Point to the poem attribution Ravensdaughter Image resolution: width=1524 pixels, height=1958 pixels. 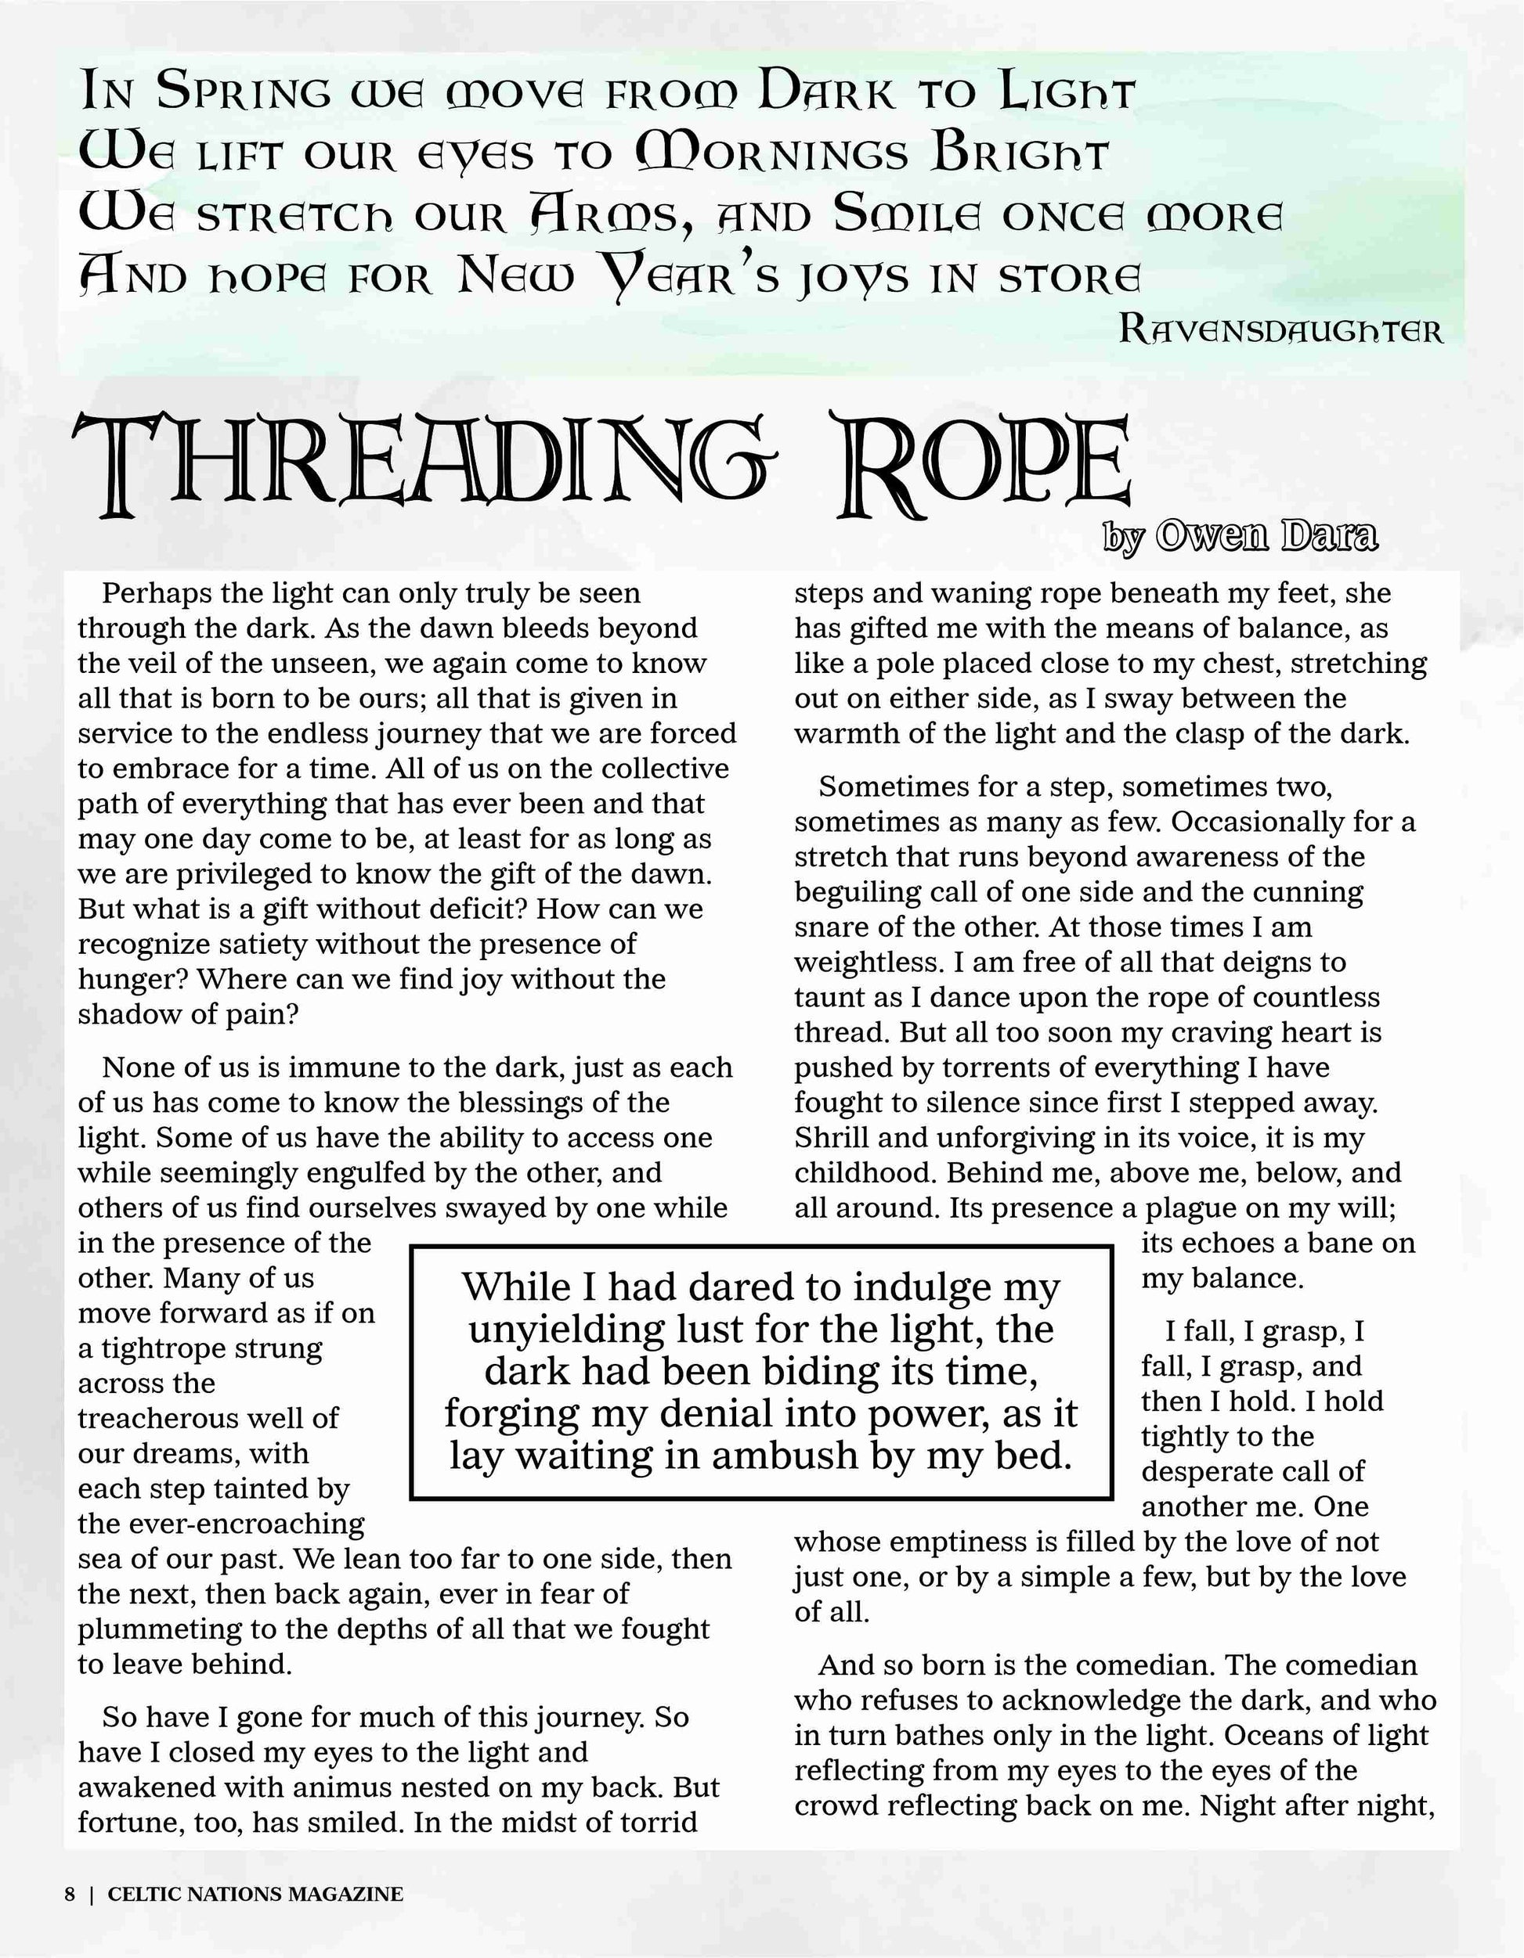point(1281,331)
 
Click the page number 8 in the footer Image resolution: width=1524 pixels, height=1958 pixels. point(69,1894)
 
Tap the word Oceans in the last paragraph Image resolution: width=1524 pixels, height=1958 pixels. point(1277,1736)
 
